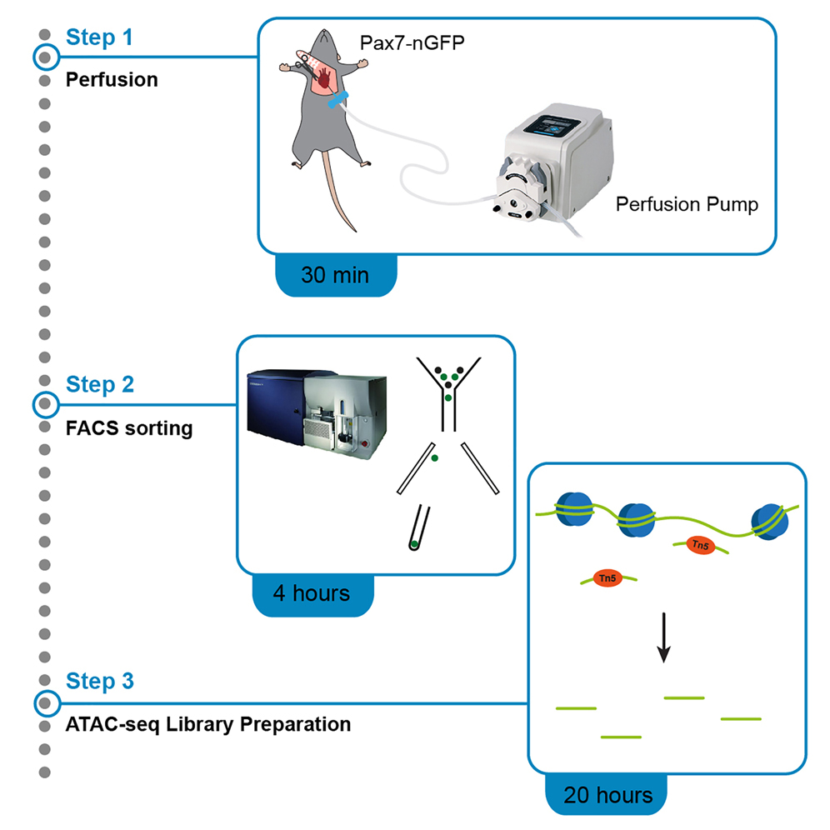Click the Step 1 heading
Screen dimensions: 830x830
(99, 37)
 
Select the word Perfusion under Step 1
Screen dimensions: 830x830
(112, 80)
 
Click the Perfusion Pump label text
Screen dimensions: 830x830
(687, 204)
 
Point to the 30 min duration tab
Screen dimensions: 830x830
(335, 274)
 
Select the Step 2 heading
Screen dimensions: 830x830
(99, 385)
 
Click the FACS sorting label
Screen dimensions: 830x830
(128, 428)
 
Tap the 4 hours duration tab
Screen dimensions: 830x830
(312, 593)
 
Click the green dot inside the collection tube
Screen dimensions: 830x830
(414, 544)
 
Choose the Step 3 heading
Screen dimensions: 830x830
(99, 682)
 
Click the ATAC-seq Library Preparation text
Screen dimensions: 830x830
(207, 724)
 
